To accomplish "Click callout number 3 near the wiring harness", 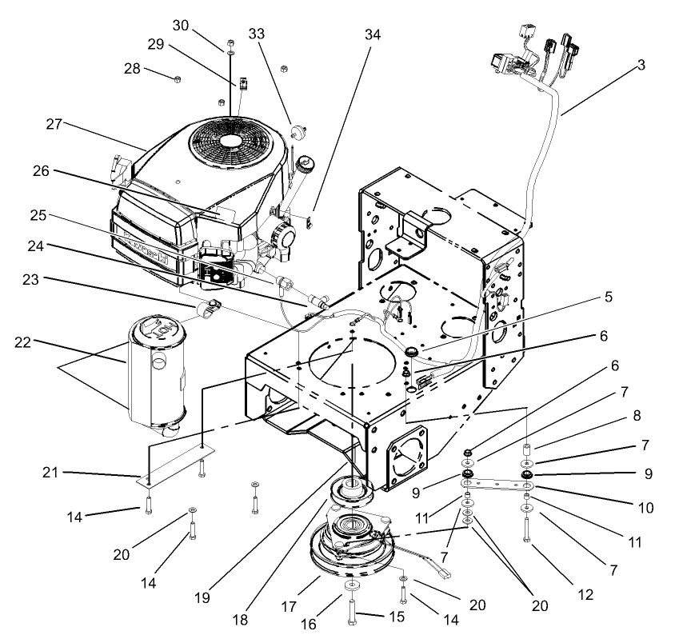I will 642,66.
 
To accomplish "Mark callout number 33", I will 257,34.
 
